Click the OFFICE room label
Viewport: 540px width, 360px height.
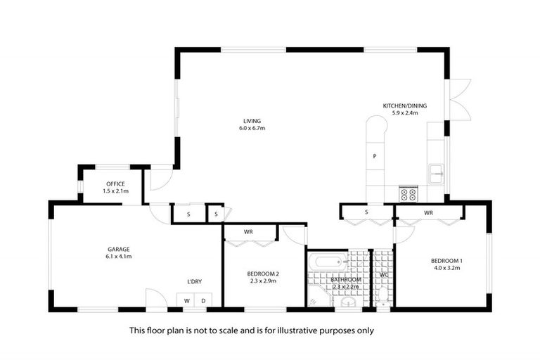point(115,184)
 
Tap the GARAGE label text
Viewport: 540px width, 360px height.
point(118,249)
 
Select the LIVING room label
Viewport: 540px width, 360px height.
point(252,121)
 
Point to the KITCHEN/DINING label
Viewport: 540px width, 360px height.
point(404,105)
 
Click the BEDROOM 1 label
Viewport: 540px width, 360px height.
point(447,261)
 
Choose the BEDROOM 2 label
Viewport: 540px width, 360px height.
point(264,274)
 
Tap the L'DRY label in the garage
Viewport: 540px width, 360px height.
point(194,282)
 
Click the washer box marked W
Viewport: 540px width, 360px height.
point(187,301)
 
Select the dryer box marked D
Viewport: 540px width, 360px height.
point(204,301)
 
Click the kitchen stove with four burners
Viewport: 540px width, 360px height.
point(409,194)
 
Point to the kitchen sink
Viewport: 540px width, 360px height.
point(436,171)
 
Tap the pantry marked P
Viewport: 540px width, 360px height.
point(375,156)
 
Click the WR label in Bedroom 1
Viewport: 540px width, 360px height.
point(427,212)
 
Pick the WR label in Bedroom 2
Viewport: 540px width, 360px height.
point(248,231)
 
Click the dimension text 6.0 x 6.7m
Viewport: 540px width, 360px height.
point(252,129)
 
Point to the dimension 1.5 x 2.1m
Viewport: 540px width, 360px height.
point(115,191)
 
